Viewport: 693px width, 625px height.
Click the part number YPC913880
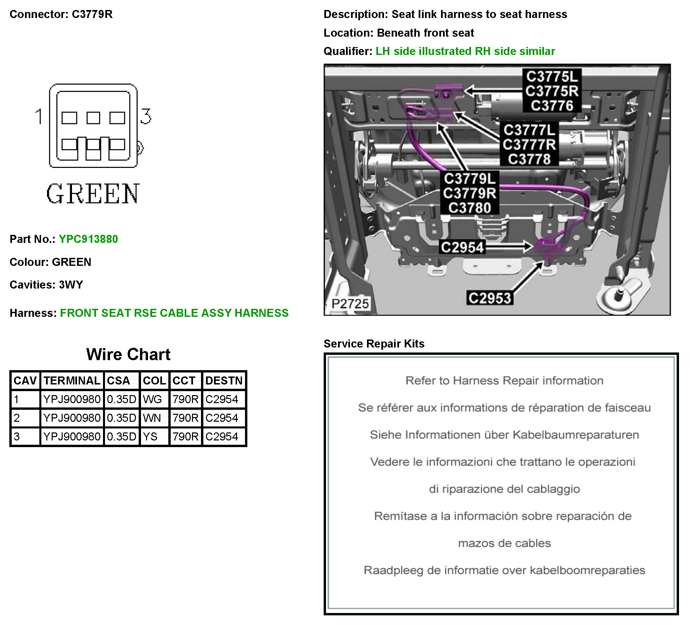[x=88, y=239]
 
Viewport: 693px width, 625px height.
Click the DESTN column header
[x=224, y=380]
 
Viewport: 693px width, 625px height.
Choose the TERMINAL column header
[x=72, y=380]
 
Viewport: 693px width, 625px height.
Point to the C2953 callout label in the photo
[x=490, y=298]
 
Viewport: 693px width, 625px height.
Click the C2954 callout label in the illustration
[x=462, y=247]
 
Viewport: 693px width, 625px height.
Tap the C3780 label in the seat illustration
[x=469, y=208]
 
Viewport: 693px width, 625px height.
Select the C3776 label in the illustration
[x=552, y=106]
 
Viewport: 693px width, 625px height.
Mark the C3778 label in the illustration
[x=529, y=159]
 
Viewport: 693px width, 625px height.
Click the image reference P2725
[x=350, y=304]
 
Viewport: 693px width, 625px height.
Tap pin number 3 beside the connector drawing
[x=146, y=116]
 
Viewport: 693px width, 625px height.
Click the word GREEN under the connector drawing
[x=93, y=194]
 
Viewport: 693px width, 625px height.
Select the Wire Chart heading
[x=128, y=354]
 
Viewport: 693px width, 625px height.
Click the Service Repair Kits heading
[x=374, y=343]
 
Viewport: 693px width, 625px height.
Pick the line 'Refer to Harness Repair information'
[x=504, y=380]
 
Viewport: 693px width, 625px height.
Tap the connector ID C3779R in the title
[x=92, y=14]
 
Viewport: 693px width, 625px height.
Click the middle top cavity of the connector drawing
[x=93, y=118]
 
